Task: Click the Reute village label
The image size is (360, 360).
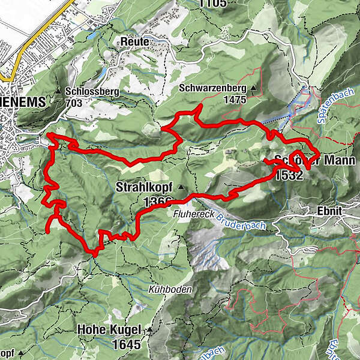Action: coord(135,41)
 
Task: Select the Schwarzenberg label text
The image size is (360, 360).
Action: coord(213,88)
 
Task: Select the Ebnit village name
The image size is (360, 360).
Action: coord(328,211)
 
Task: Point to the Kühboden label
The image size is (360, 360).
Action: coord(170,289)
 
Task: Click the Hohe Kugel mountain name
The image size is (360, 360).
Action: coord(109,331)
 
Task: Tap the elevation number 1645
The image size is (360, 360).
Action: coord(126,344)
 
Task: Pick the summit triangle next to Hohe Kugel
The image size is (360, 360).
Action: coord(148,331)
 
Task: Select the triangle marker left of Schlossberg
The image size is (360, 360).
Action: coord(58,92)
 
